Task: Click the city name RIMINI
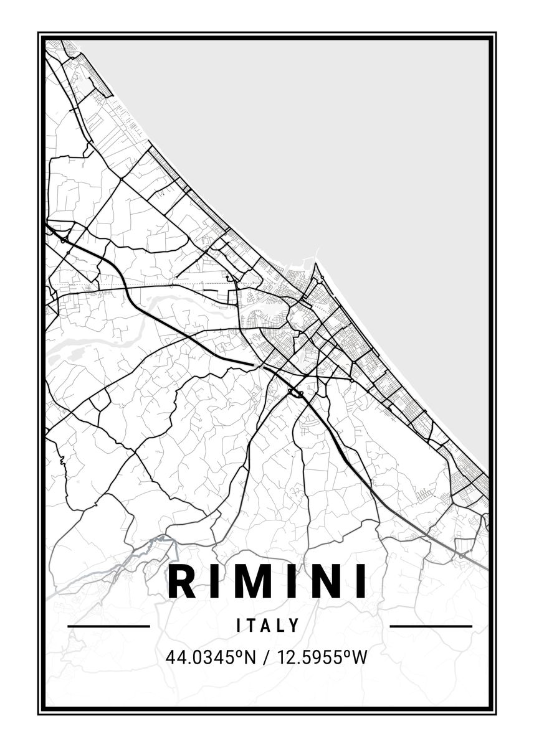(x=267, y=581)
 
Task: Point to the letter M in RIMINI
(x=253, y=581)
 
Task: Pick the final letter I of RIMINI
(x=360, y=581)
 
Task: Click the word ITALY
(x=269, y=625)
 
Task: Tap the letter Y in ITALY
(x=296, y=625)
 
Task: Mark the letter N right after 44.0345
(x=250, y=657)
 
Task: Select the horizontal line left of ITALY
(x=108, y=626)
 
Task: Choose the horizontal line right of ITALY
(x=431, y=626)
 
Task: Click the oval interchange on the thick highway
(x=295, y=392)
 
